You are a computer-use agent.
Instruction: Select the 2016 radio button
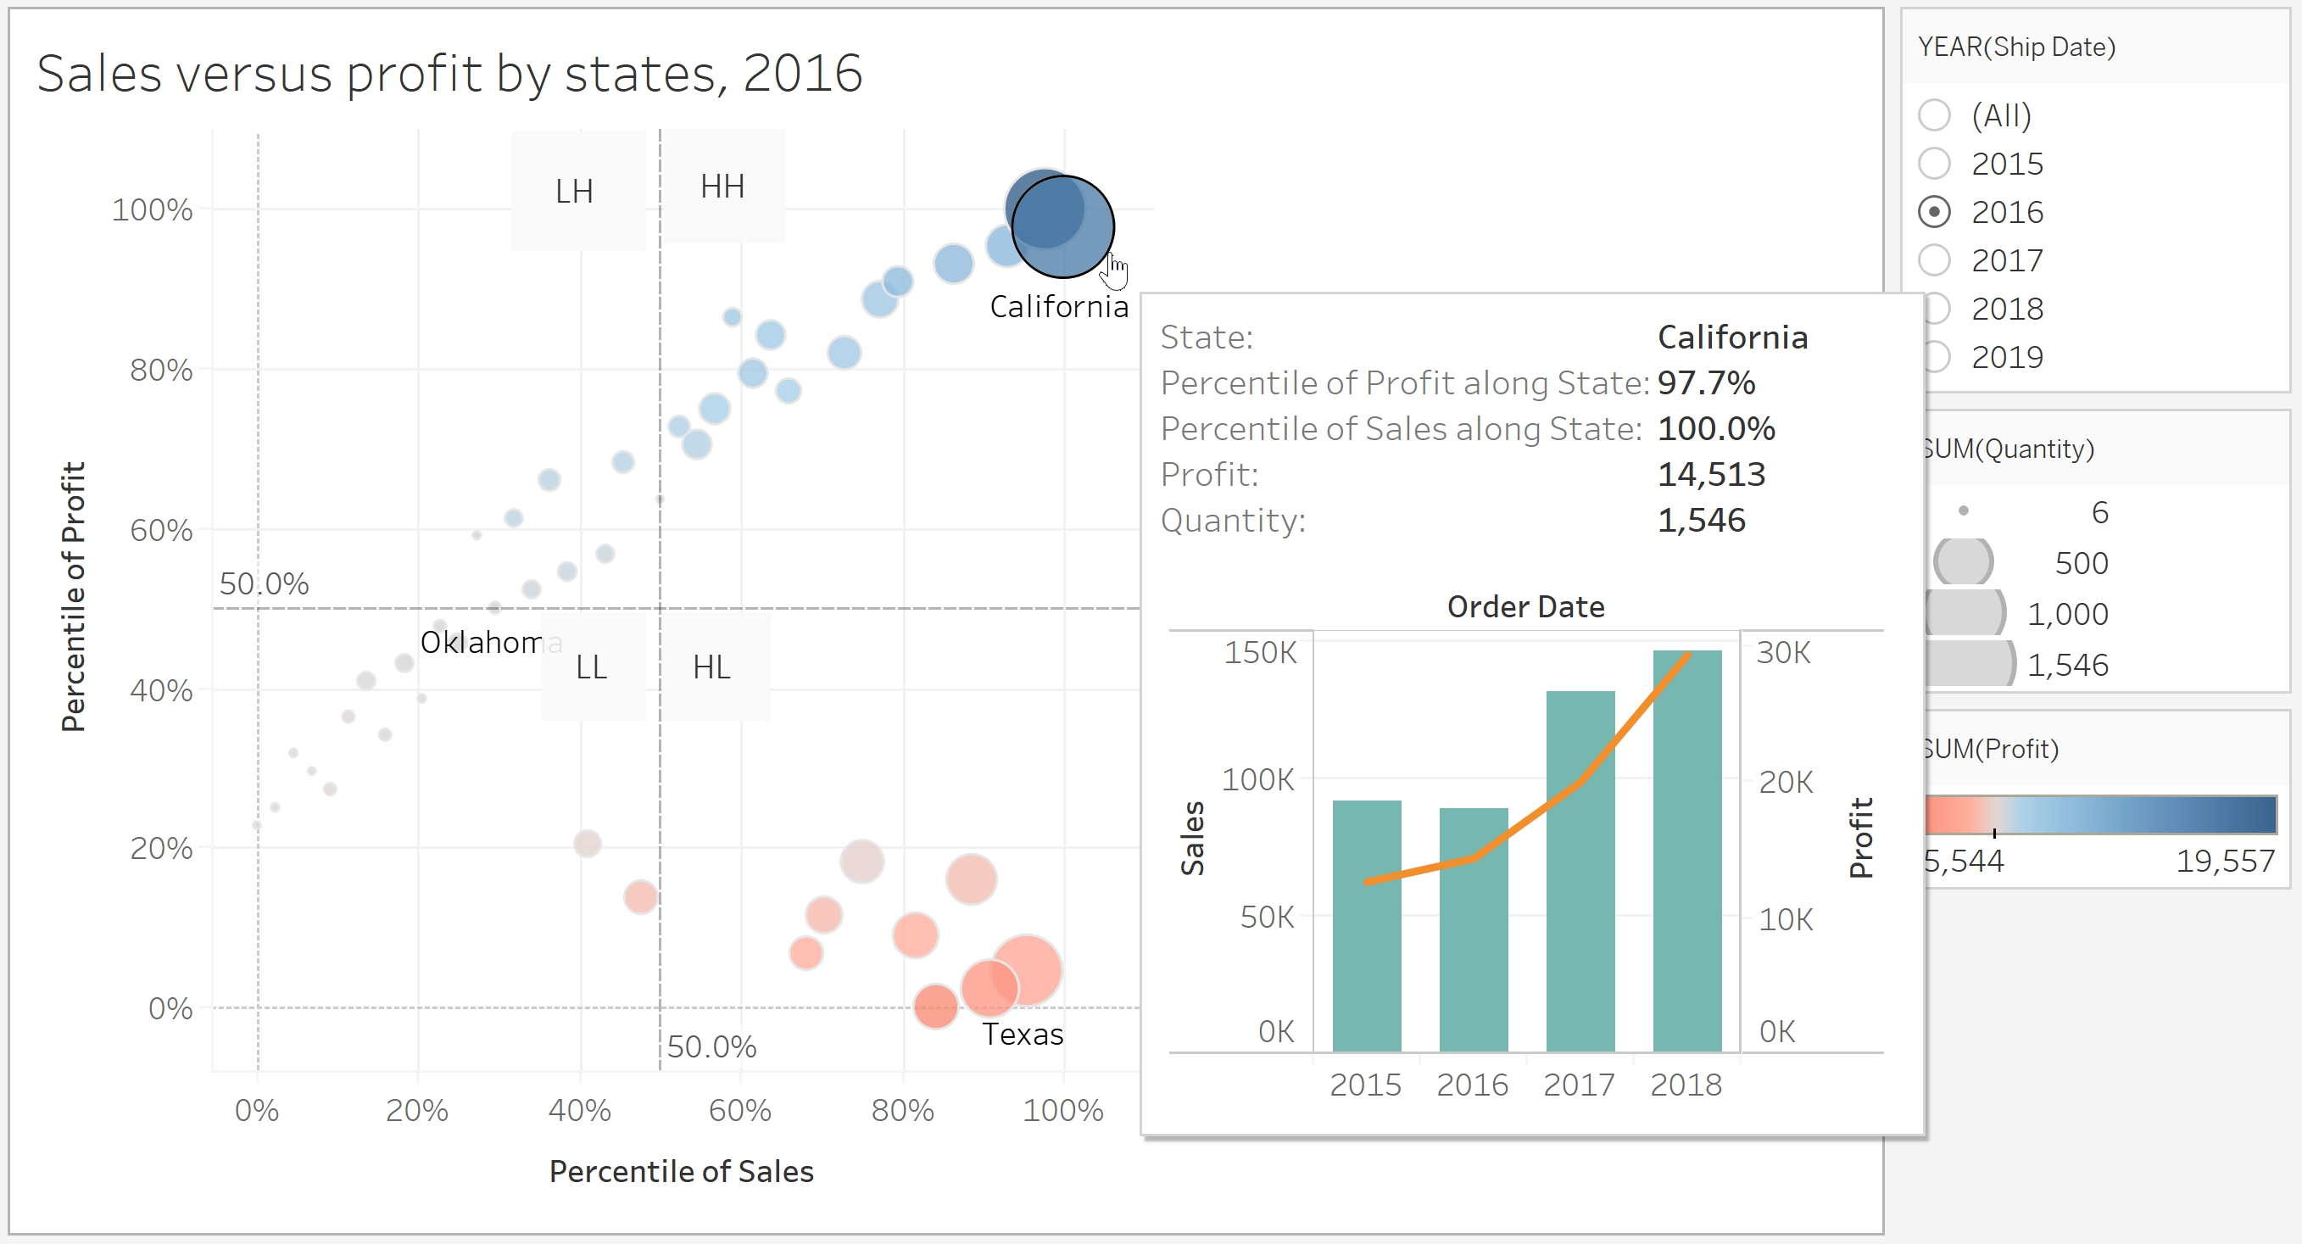pyautogui.click(x=1935, y=213)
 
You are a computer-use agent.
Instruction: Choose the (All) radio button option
pyautogui.click(x=1935, y=115)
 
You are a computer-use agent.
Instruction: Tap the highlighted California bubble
pyautogui.click(x=1062, y=227)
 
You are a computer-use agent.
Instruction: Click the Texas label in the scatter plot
pyautogui.click(x=1023, y=1034)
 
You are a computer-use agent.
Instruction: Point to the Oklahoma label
pyautogui.click(x=490, y=643)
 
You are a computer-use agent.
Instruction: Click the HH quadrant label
pyautogui.click(x=722, y=187)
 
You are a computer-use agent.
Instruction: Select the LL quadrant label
pyautogui.click(x=591, y=667)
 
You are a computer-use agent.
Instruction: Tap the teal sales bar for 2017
pyautogui.click(x=1580, y=872)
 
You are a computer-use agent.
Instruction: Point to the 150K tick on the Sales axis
pyautogui.click(x=1260, y=652)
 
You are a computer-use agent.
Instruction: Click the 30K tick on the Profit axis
pyautogui.click(x=1784, y=652)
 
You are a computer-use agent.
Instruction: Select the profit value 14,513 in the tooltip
pyautogui.click(x=1711, y=475)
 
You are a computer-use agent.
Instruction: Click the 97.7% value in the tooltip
pyautogui.click(x=1706, y=383)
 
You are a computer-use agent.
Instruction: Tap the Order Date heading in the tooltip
pyautogui.click(x=1525, y=607)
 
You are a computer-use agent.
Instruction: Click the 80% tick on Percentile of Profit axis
pyautogui.click(x=161, y=370)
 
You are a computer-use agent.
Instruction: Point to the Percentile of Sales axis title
pyautogui.click(x=681, y=1171)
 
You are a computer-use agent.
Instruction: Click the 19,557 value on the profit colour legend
pyautogui.click(x=2224, y=861)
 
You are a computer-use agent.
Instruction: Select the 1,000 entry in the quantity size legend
pyautogui.click(x=2067, y=614)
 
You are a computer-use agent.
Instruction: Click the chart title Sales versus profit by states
pyautogui.click(x=449, y=73)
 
